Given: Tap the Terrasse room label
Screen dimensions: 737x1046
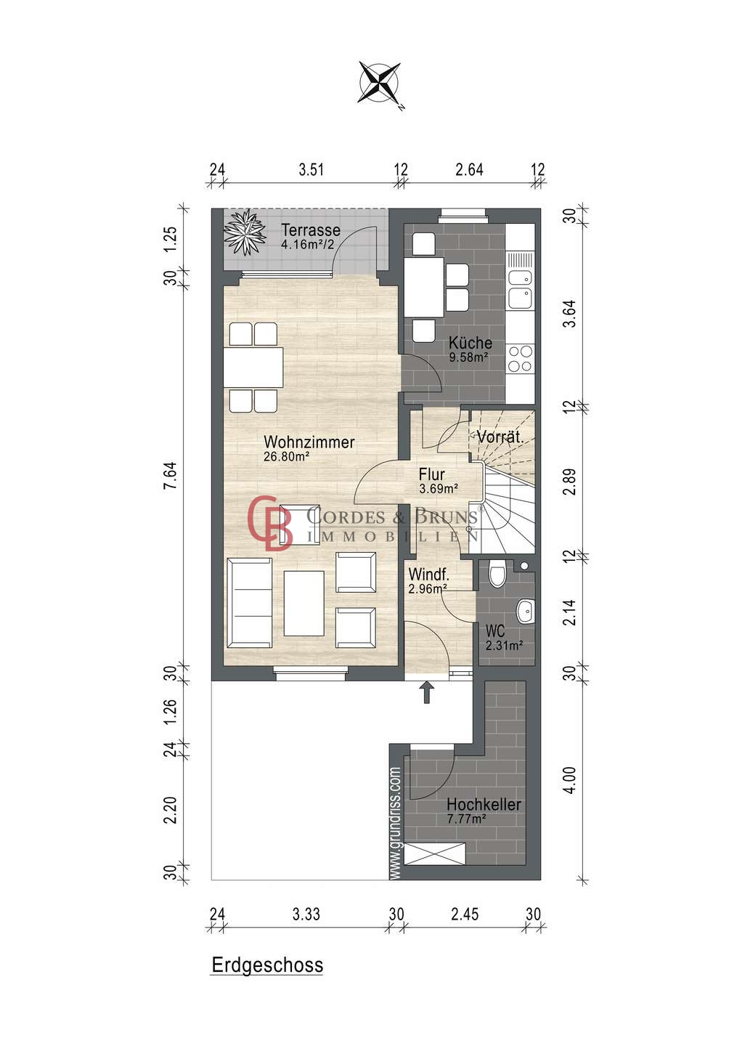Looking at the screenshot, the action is point(310,230).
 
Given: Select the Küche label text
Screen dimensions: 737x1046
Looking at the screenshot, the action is point(470,342).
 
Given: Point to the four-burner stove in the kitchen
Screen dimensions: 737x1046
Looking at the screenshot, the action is point(521,358).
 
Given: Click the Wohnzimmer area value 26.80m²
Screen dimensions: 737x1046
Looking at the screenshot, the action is point(287,456).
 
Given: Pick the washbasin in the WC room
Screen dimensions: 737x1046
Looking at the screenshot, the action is point(526,610).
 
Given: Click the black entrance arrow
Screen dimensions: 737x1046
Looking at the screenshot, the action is point(427,692).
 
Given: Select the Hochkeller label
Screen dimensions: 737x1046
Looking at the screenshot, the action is point(484,805).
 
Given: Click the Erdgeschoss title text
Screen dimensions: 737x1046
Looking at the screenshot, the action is point(267,965).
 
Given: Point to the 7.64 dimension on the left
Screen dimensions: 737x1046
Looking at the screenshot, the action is point(171,475).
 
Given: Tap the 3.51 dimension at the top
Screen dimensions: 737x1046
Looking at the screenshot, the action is point(312,169).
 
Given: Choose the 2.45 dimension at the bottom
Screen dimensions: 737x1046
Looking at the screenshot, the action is point(465,914).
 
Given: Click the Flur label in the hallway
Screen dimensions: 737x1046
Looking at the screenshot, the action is point(431,474).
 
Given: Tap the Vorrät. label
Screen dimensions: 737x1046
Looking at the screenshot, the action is point(499,437).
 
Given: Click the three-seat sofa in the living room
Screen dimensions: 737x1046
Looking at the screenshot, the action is point(249,603).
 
